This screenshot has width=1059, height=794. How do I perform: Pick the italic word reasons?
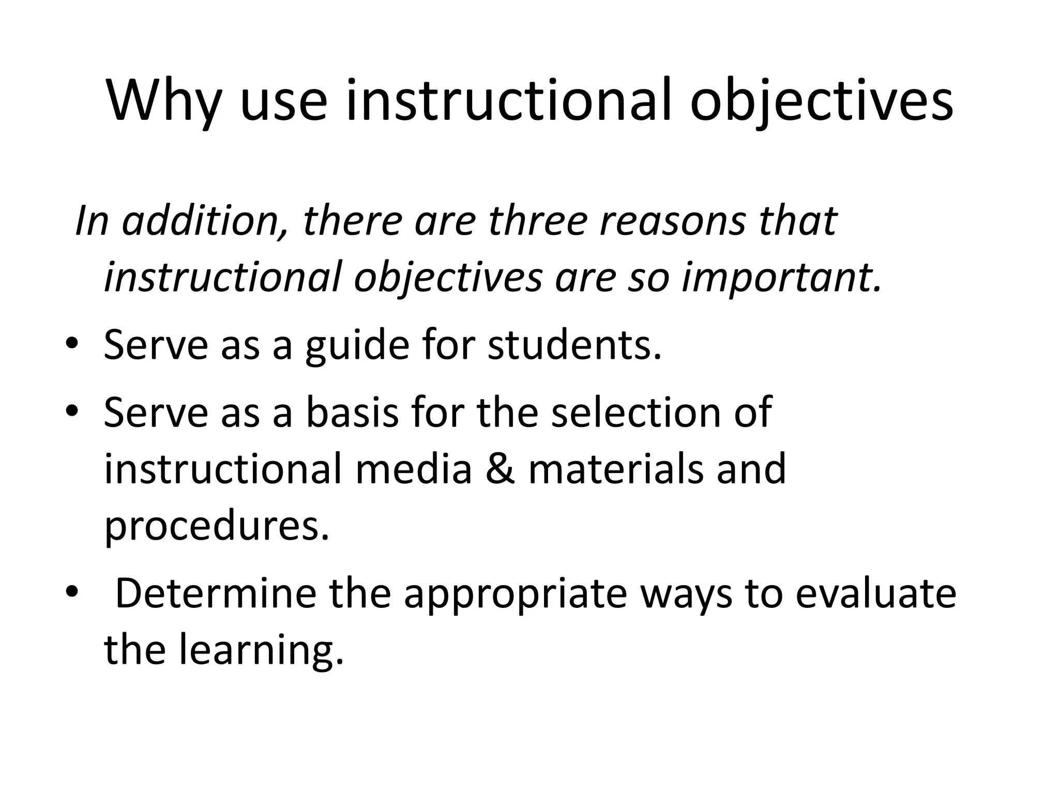[672, 221]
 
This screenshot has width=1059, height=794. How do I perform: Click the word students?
[574, 345]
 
